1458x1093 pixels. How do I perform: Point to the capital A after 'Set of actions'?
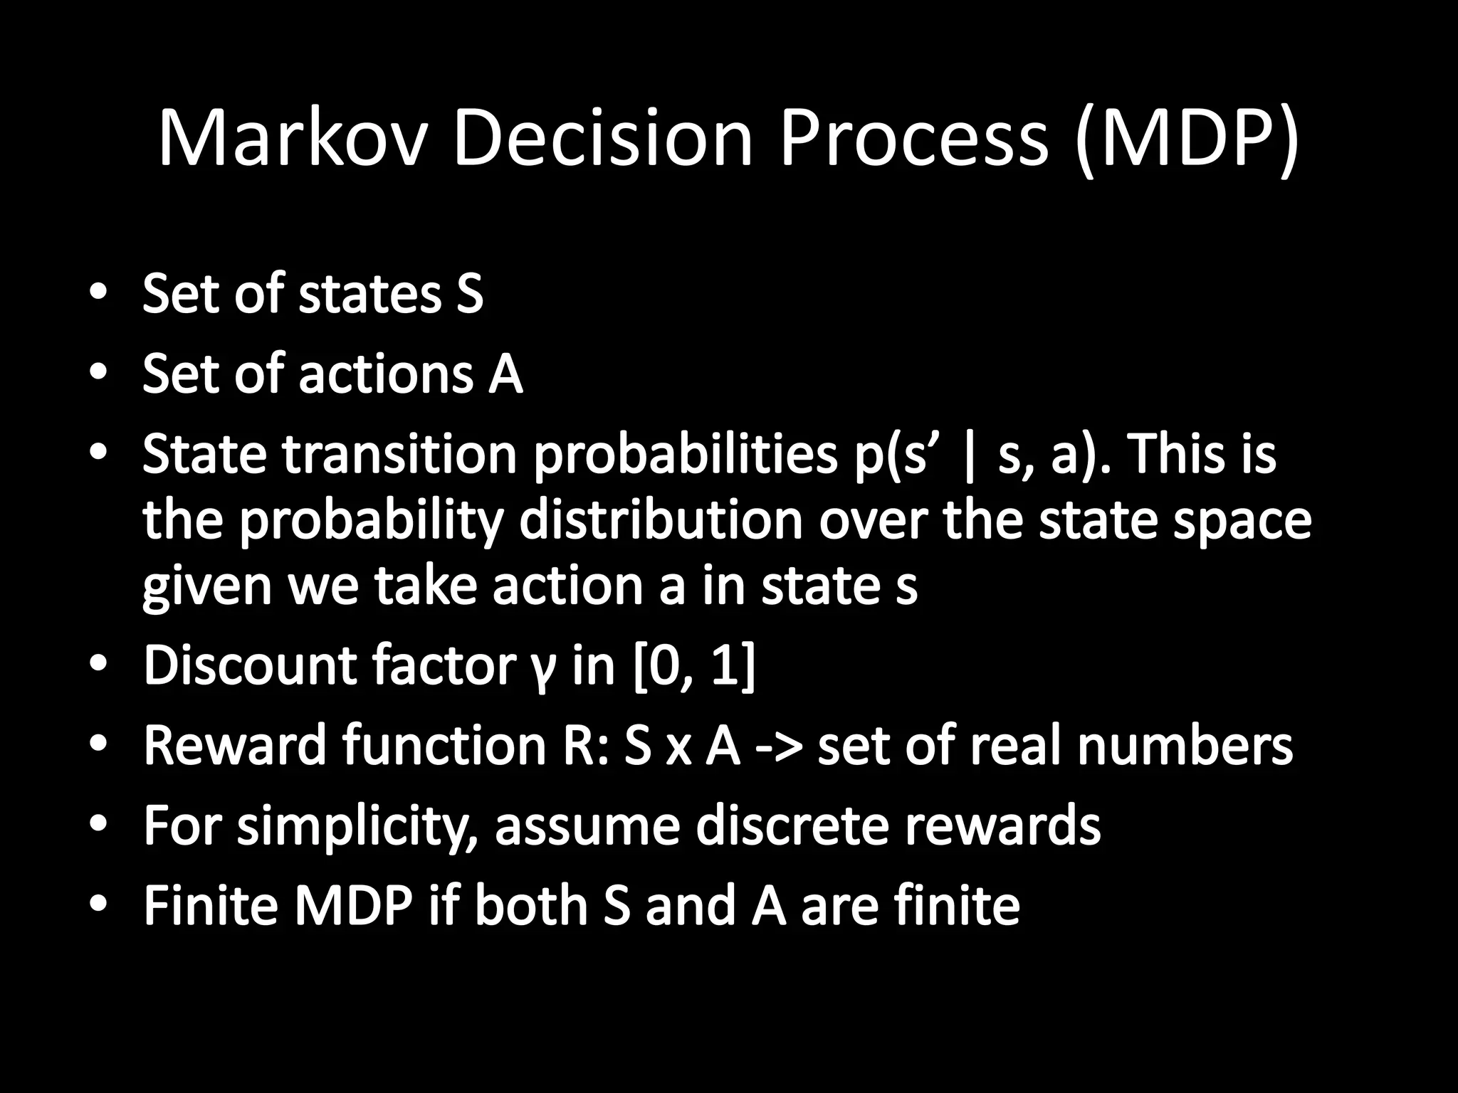coord(505,374)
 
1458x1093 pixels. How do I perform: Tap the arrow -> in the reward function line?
coord(777,747)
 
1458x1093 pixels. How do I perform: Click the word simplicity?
coord(357,828)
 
